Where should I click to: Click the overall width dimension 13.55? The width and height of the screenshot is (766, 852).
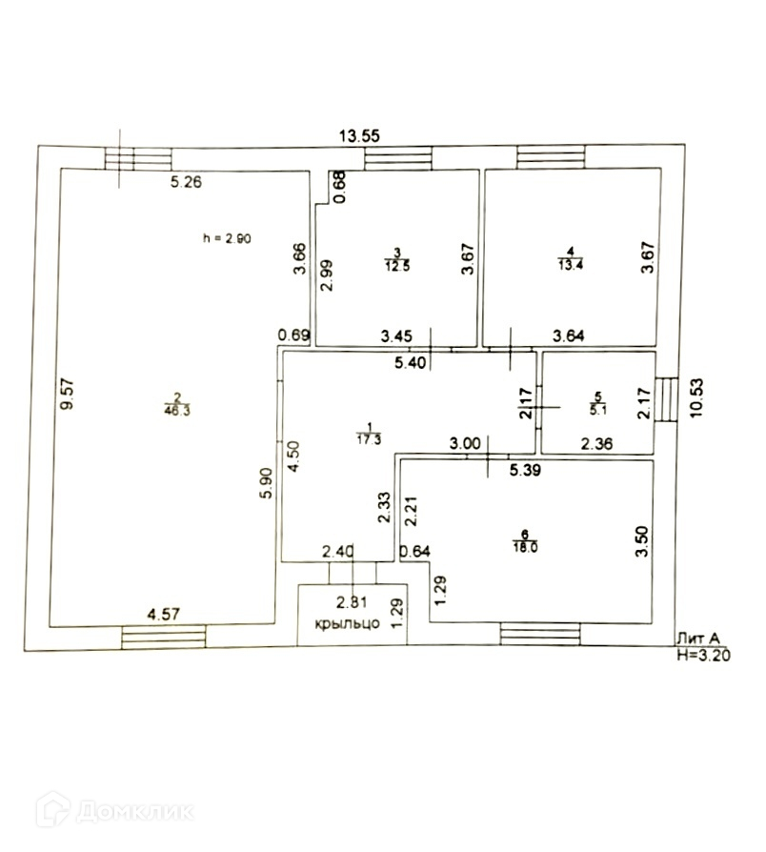pyautogui.click(x=361, y=136)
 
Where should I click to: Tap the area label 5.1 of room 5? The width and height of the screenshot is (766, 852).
pyautogui.click(x=598, y=411)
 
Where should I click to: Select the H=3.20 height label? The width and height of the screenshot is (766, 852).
pyautogui.click(x=704, y=657)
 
